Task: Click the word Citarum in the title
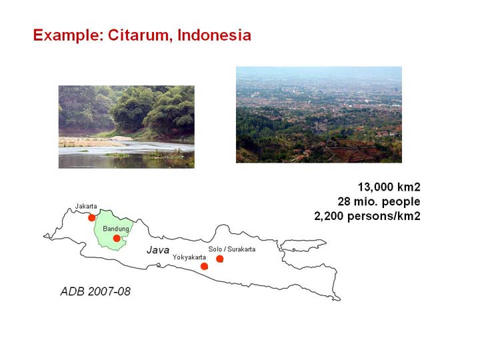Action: tap(138, 35)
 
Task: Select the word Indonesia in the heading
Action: tap(214, 35)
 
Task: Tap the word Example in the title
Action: tap(68, 36)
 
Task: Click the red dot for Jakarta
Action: tap(91, 217)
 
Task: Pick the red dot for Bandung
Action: tap(117, 238)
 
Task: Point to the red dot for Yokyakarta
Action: tap(204, 266)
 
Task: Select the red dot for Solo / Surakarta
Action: tap(219, 259)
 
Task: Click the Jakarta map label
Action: tap(86, 206)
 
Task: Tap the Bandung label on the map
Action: tap(116, 229)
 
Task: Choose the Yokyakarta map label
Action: tap(189, 257)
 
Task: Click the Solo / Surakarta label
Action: tap(232, 249)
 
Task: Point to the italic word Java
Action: tap(158, 250)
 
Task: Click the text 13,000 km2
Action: tap(389, 187)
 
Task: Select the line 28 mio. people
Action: tap(379, 202)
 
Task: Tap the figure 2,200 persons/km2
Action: tap(367, 216)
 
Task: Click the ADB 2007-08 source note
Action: tap(95, 291)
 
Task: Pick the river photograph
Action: tap(127, 127)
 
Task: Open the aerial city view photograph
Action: tap(319, 115)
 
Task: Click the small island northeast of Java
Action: tap(303, 245)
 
